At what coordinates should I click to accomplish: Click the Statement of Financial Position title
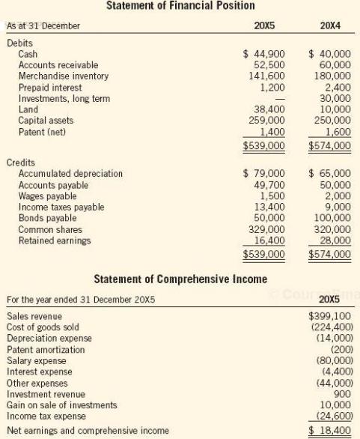point(179,7)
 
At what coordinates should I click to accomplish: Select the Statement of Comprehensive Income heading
point(180,279)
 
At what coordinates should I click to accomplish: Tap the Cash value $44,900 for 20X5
point(264,54)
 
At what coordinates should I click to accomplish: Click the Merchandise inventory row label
point(63,76)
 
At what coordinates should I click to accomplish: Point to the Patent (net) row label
point(42,131)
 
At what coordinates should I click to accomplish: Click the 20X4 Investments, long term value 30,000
point(333,98)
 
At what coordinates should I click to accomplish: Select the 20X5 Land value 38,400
point(267,109)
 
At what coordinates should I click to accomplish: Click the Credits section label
point(21,163)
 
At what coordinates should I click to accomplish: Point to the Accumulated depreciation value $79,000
point(264,174)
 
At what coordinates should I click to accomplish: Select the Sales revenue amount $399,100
point(330,316)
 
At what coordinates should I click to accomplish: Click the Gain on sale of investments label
point(61,405)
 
